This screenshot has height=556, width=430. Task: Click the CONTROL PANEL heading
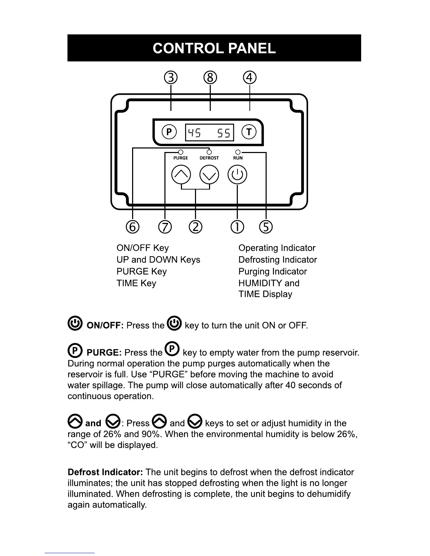tap(214, 48)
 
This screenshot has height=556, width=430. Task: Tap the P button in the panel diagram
tap(169, 132)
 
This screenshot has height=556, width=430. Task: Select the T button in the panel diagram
tap(249, 132)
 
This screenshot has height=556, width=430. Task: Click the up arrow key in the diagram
tap(181, 174)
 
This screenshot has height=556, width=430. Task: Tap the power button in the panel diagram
tap(237, 174)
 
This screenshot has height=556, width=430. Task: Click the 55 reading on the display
tap(223, 133)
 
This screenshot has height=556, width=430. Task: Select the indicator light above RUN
tap(238, 152)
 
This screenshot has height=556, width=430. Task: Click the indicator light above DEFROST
tap(209, 152)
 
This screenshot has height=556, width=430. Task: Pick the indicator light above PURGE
tap(181, 152)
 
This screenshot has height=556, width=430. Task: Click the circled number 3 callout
tap(171, 78)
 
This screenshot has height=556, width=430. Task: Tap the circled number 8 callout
tap(210, 78)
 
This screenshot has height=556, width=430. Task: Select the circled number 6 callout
tap(132, 227)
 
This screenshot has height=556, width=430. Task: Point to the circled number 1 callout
tap(237, 227)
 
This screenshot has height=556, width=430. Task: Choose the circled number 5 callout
tap(266, 227)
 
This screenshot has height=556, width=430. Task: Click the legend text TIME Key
tap(136, 283)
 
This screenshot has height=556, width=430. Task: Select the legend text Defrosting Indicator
tap(278, 260)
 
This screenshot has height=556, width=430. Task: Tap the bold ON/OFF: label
tap(105, 325)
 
